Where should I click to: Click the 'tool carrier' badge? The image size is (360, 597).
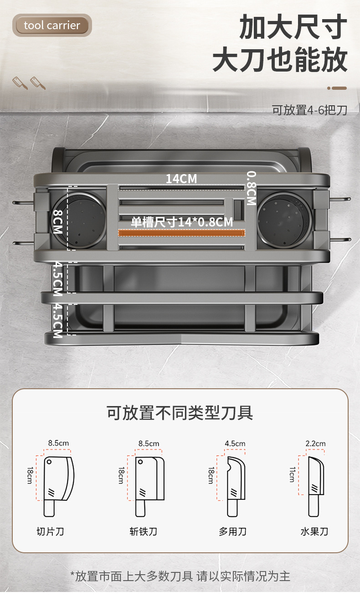click(x=52, y=25)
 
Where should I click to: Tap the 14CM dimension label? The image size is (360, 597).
click(x=181, y=179)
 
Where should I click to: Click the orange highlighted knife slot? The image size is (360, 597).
click(x=182, y=233)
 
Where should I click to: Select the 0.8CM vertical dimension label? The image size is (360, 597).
click(x=251, y=188)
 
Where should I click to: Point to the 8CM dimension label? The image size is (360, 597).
click(x=57, y=221)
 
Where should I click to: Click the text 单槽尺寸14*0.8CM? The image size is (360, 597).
click(x=182, y=222)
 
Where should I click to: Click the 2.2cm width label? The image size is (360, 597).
click(x=315, y=443)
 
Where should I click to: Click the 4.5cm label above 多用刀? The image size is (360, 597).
click(x=235, y=443)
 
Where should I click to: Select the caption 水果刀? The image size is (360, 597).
click(x=314, y=531)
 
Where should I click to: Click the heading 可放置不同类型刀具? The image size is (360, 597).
click(x=180, y=413)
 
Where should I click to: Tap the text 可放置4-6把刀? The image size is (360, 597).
click(x=309, y=110)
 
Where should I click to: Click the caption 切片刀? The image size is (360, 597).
click(x=50, y=531)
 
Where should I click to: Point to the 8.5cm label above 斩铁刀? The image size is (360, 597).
click(x=149, y=443)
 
